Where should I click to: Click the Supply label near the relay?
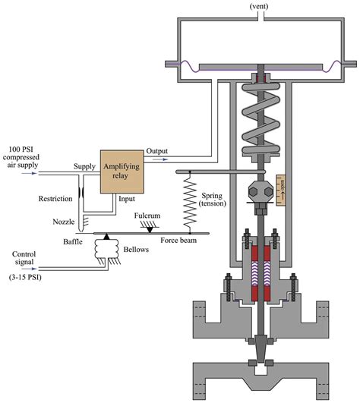pyautogui.click(x=84, y=166)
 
